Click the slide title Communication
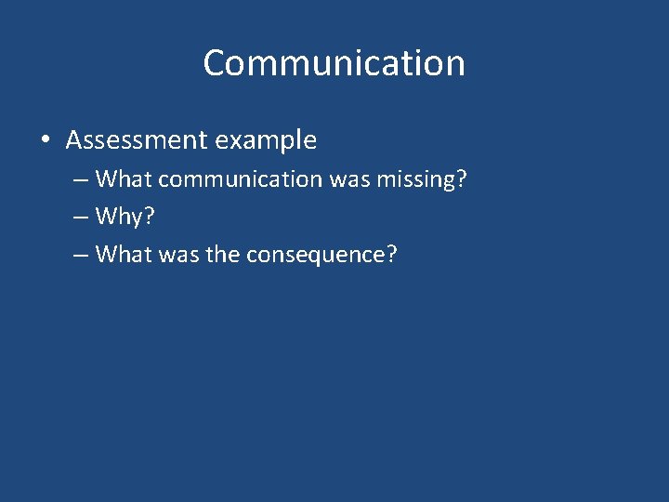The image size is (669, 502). tap(334, 63)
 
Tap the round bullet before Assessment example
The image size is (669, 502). tap(46, 141)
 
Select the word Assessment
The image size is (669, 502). tap(137, 140)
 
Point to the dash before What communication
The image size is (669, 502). tap(80, 179)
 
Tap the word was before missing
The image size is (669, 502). tap(351, 178)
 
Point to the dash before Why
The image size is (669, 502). tap(80, 217)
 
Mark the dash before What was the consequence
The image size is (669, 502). tap(80, 254)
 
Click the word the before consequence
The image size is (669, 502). tap(223, 253)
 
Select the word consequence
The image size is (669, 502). tap(315, 254)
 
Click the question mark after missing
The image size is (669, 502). tap(460, 178)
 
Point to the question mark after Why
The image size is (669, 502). tap(149, 216)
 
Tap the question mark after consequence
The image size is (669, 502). tap(391, 253)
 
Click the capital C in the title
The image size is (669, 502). tap(216, 63)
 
